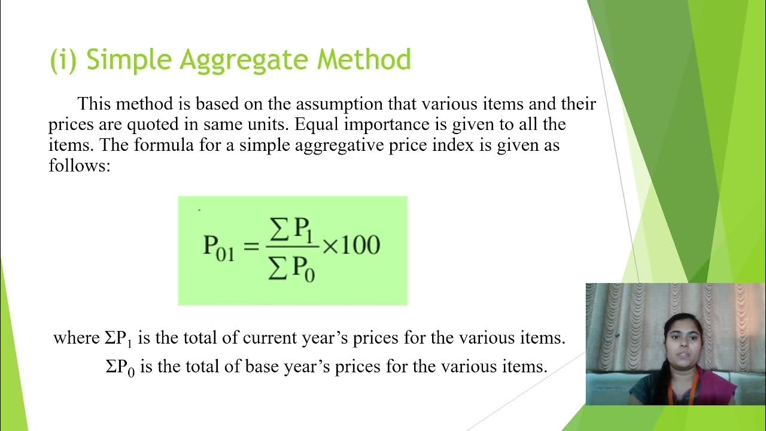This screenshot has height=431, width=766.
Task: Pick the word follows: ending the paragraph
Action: [x=80, y=165]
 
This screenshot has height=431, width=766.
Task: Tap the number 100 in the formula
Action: [x=361, y=245]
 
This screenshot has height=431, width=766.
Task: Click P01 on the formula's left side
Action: [x=219, y=247]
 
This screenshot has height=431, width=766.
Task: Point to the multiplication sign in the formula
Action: [x=330, y=246]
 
